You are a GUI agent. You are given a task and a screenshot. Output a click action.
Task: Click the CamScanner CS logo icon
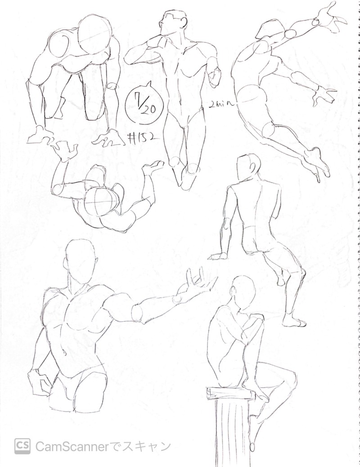(x=23, y=445)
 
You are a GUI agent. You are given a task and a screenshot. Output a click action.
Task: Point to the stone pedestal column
(x=233, y=429)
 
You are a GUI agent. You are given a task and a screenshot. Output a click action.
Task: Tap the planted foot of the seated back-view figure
(x=294, y=322)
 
